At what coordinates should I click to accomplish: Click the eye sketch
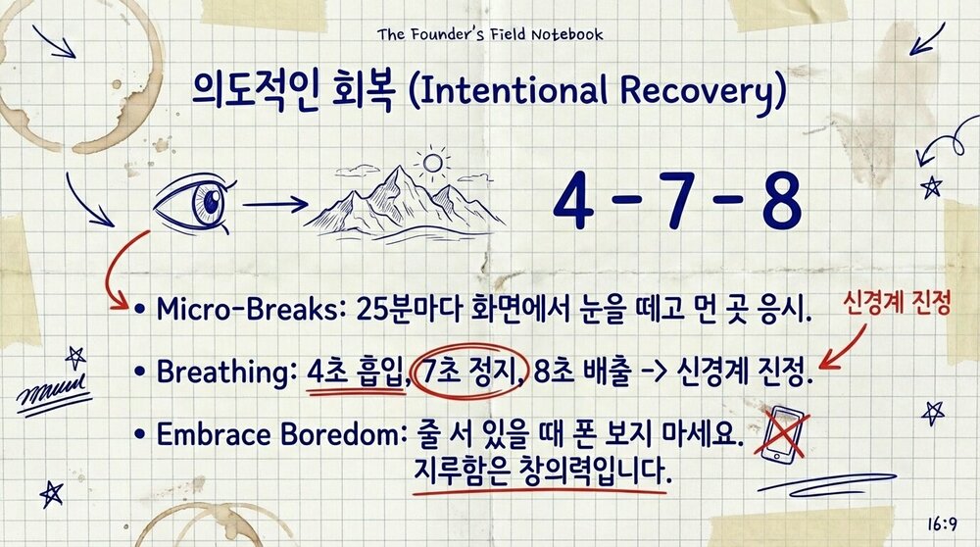pyautogui.click(x=195, y=205)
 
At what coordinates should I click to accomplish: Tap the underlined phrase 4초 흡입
pyautogui.click(x=354, y=373)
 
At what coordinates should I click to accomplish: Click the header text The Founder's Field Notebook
pyautogui.click(x=490, y=35)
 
